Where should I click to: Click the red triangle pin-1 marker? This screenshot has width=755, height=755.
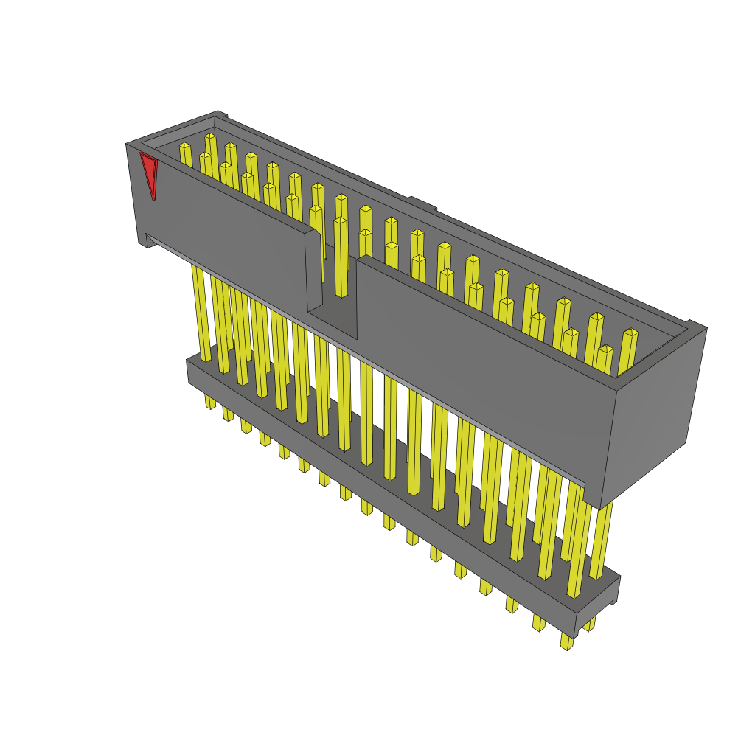150,174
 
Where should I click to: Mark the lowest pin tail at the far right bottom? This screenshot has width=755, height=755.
566,641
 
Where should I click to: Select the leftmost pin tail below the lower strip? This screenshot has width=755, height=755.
210,402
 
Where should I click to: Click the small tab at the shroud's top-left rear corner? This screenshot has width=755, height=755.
221,114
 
